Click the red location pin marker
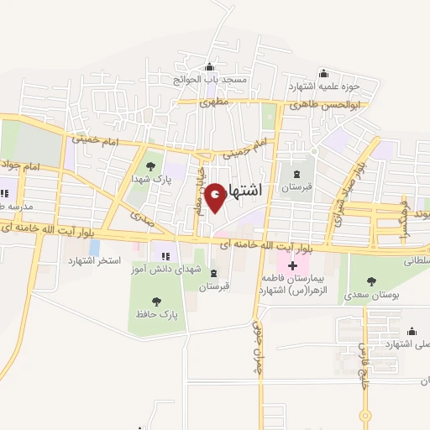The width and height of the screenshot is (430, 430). (216, 197)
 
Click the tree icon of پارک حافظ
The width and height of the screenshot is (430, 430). (155, 301)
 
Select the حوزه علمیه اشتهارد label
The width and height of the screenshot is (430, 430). (323, 87)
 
